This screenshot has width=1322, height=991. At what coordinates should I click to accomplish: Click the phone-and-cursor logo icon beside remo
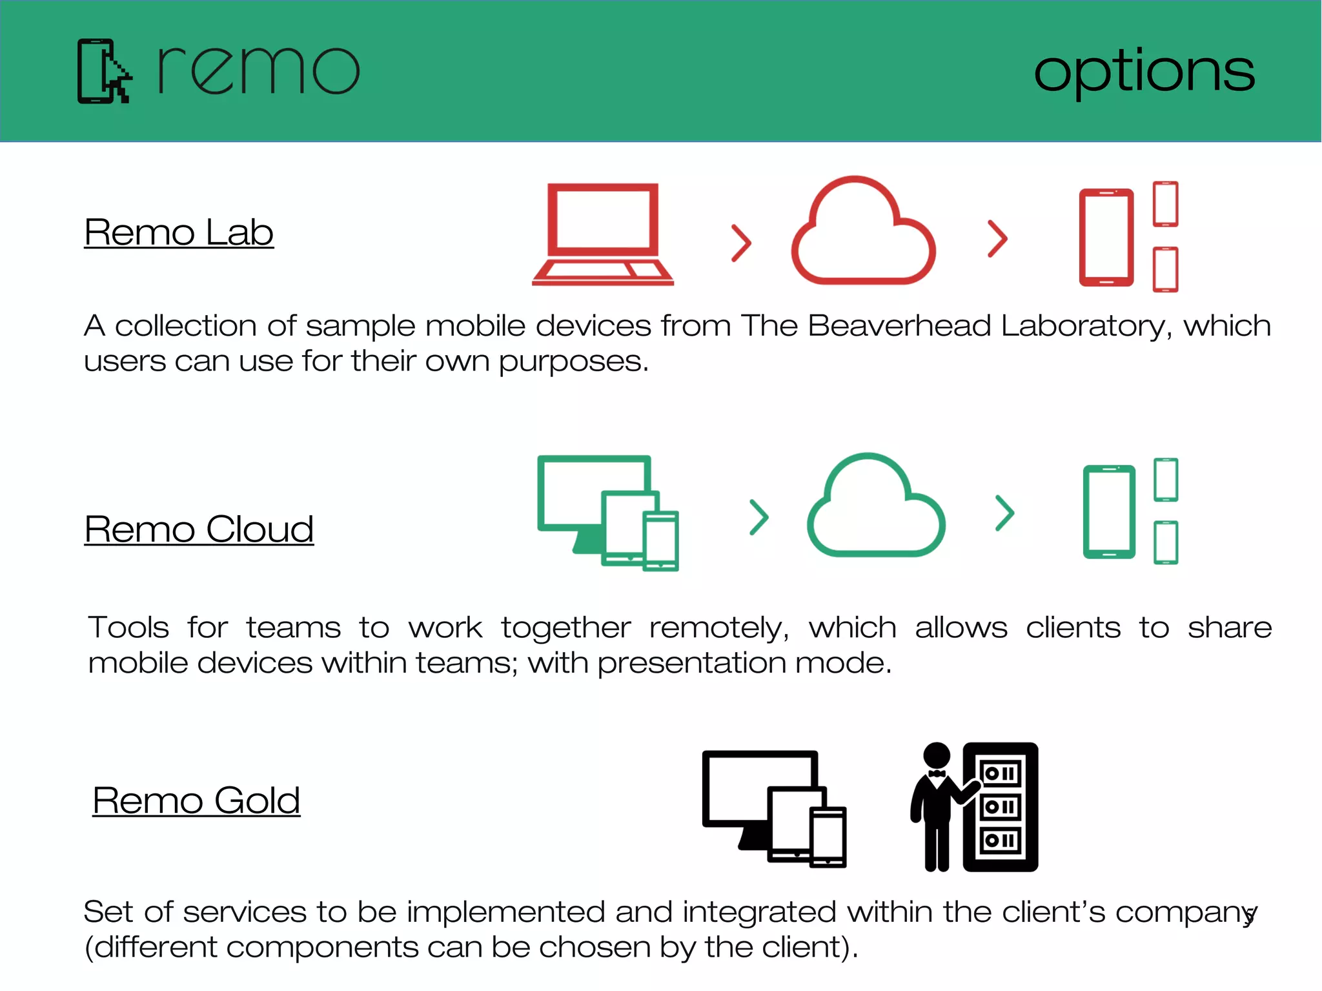click(104, 71)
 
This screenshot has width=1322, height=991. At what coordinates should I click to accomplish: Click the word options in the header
click(1144, 72)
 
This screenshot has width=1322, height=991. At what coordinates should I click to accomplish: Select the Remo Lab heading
click(179, 232)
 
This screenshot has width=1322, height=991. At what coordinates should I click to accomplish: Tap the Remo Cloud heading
click(199, 529)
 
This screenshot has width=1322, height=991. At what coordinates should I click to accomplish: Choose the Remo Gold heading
click(196, 801)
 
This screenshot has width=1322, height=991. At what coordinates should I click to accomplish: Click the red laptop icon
click(603, 234)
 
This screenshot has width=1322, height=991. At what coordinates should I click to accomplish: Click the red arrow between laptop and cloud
click(741, 243)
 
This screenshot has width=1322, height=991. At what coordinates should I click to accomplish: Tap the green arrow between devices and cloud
click(759, 517)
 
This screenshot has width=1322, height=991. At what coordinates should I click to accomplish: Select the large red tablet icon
click(1106, 237)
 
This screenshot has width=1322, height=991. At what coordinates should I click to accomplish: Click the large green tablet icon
click(1109, 511)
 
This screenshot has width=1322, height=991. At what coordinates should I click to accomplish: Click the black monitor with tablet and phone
click(773, 808)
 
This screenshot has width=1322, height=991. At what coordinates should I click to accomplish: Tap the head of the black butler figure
click(937, 755)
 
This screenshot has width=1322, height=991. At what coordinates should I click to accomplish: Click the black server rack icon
click(1001, 807)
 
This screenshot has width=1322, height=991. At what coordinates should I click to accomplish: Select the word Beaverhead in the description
click(899, 325)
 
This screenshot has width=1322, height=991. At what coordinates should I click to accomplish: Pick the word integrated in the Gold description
click(759, 912)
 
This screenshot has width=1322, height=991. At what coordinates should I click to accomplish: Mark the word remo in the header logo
click(258, 71)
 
